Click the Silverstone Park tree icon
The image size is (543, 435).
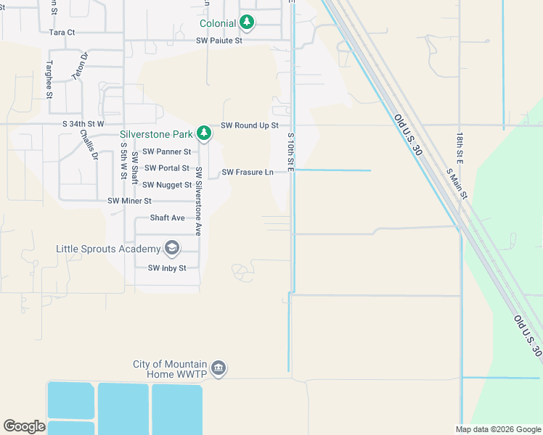[x=205, y=133]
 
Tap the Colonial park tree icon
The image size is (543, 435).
[x=248, y=22]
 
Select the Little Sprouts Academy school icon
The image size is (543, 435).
[x=172, y=249]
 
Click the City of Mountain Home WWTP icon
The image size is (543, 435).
[x=219, y=369]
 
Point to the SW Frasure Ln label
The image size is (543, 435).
[x=248, y=172]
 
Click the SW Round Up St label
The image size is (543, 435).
[x=250, y=125]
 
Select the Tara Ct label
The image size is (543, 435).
[x=62, y=32]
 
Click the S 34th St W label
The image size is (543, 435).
[x=83, y=125]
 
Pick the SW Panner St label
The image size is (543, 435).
[x=166, y=152]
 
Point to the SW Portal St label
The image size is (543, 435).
[x=166, y=168]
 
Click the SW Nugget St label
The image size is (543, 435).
[x=166, y=185]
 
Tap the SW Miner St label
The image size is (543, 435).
[x=129, y=201]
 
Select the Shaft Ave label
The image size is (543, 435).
[x=167, y=217]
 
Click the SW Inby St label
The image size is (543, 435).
[x=167, y=268]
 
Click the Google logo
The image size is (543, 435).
[x=24, y=426]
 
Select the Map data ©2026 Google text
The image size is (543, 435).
[x=498, y=429]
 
